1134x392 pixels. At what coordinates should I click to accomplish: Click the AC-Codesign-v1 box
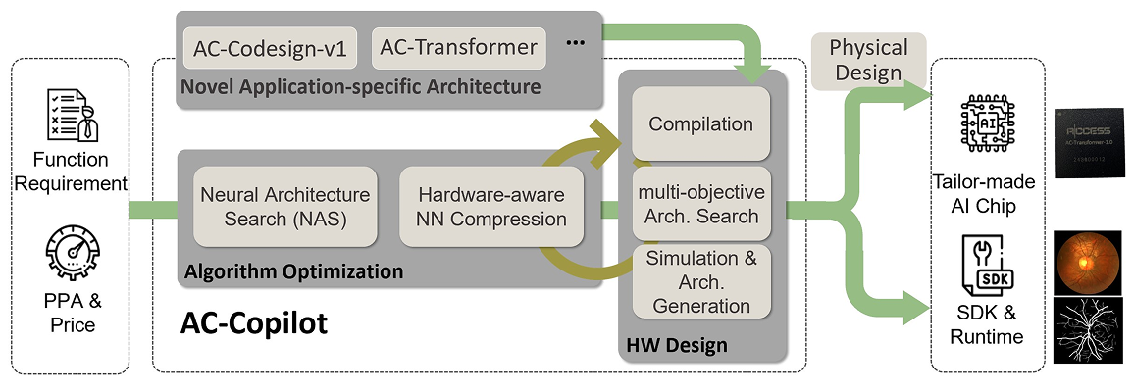(270, 48)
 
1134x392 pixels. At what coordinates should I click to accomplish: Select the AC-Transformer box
(460, 47)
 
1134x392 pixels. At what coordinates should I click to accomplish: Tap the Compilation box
(700, 123)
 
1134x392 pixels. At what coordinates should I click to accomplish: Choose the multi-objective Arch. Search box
(700, 203)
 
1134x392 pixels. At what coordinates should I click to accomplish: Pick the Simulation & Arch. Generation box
(700, 280)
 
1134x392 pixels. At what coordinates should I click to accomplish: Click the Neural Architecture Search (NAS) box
(284, 206)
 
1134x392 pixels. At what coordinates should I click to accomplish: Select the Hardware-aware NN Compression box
(490, 206)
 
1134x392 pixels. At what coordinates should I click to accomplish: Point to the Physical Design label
(868, 60)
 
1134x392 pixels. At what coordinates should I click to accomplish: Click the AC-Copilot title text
(253, 323)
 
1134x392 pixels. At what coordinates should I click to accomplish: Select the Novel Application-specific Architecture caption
(360, 87)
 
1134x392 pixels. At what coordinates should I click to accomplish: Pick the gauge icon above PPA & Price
(70, 253)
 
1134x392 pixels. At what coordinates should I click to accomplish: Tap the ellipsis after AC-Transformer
(576, 42)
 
